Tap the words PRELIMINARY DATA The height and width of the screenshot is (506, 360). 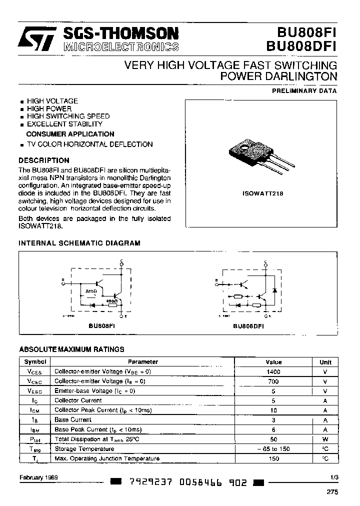pyautogui.click(x=304, y=91)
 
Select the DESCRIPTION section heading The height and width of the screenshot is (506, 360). pyautogui.click(x=44, y=160)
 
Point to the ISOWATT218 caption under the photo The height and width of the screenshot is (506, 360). pyautogui.click(x=263, y=193)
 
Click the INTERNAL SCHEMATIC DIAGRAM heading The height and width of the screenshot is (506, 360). pyautogui.click(x=79, y=243)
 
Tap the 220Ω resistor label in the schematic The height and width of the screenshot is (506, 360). pyautogui.click(x=91, y=290)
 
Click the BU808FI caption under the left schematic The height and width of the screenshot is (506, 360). pyautogui.click(x=101, y=324)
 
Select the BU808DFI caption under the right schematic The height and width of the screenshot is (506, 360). pyautogui.click(x=248, y=325)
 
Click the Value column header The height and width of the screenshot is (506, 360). pyautogui.click(x=273, y=362)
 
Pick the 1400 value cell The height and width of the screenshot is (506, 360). pyautogui.click(x=273, y=371)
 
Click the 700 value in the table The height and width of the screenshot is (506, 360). pyautogui.click(x=273, y=381)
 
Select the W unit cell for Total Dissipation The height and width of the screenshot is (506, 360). pyautogui.click(x=325, y=439)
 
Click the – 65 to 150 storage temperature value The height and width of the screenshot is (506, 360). pyautogui.click(x=273, y=448)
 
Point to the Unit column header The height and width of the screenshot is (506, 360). pyautogui.click(x=325, y=362)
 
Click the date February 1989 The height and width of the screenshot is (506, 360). pyautogui.click(x=39, y=477)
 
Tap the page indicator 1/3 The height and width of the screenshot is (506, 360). pyautogui.click(x=334, y=477)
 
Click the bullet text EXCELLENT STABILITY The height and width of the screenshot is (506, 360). pyautogui.click(x=64, y=123)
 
